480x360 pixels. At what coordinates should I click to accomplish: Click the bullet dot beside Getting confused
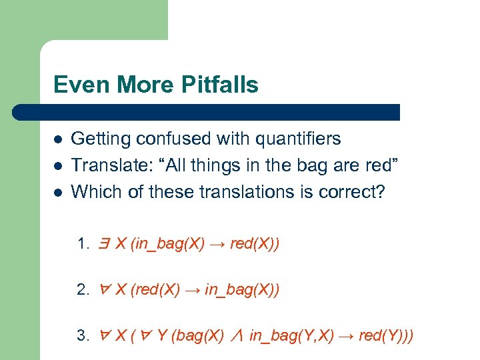pyautogui.click(x=58, y=139)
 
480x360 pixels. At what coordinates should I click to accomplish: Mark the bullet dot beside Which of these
pyautogui.click(x=58, y=192)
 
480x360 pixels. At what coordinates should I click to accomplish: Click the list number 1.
pyautogui.click(x=83, y=245)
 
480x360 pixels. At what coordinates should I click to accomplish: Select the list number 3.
pyautogui.click(x=83, y=335)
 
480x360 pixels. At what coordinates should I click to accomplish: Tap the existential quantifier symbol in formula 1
pyautogui.click(x=105, y=244)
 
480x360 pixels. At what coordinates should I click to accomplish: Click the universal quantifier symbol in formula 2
pyautogui.click(x=105, y=290)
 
